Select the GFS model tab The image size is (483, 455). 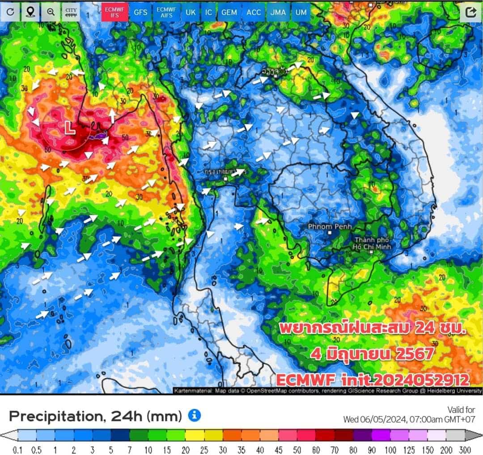coord(140,12)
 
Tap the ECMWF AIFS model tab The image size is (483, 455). coord(166,12)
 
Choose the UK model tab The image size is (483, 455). coord(191,12)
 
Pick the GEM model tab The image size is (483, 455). coord(229,12)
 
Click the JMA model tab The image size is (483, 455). coord(278,12)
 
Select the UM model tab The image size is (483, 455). coord(301,12)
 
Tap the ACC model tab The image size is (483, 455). coord(254,12)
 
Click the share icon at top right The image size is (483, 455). coord(470,12)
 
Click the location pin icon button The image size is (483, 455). coord(30,12)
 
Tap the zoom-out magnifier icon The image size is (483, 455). coord(51,12)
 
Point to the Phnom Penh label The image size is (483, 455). coord(330,227)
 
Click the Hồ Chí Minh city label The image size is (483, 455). coord(372,243)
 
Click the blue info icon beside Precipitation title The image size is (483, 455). coord(194,415)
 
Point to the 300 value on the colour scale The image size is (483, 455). coord(465,448)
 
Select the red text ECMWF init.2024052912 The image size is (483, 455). coord(373,380)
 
